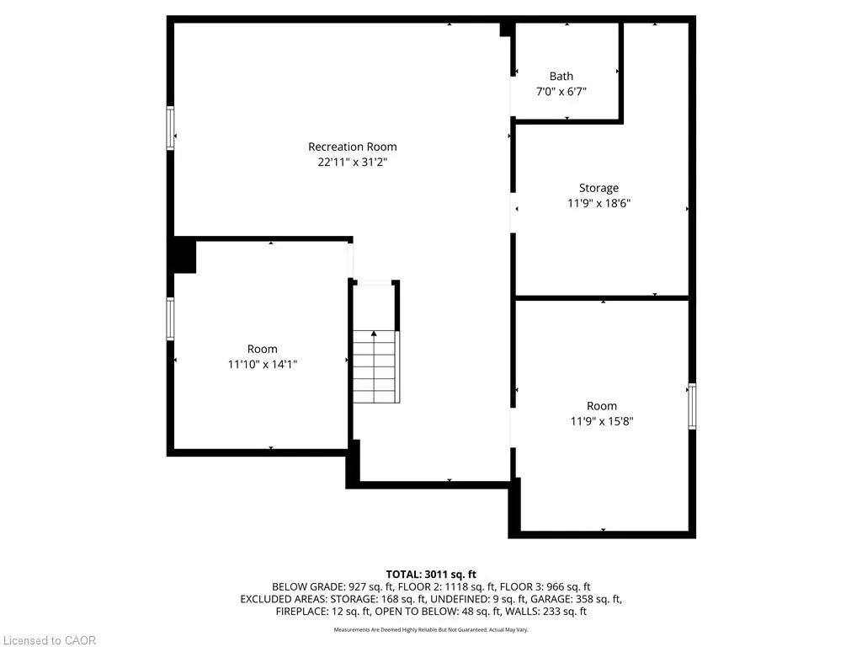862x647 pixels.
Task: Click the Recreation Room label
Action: coord(352,147)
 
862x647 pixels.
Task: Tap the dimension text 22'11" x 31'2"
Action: coord(352,162)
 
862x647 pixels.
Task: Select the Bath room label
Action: coord(561,76)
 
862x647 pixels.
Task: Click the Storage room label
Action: coord(599,188)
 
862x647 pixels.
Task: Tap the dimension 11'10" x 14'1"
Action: coord(262,364)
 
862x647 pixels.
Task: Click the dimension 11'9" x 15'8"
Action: coord(602,421)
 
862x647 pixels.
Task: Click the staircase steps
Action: coord(375,367)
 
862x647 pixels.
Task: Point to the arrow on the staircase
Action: coord(374,335)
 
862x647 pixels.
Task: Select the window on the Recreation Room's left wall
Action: coord(171,128)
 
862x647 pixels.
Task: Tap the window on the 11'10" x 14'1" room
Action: coord(171,319)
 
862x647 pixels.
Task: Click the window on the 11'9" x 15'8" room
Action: coord(692,406)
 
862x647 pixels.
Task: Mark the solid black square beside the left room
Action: coord(184,256)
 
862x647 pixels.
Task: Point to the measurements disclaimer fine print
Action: coord(431,630)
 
